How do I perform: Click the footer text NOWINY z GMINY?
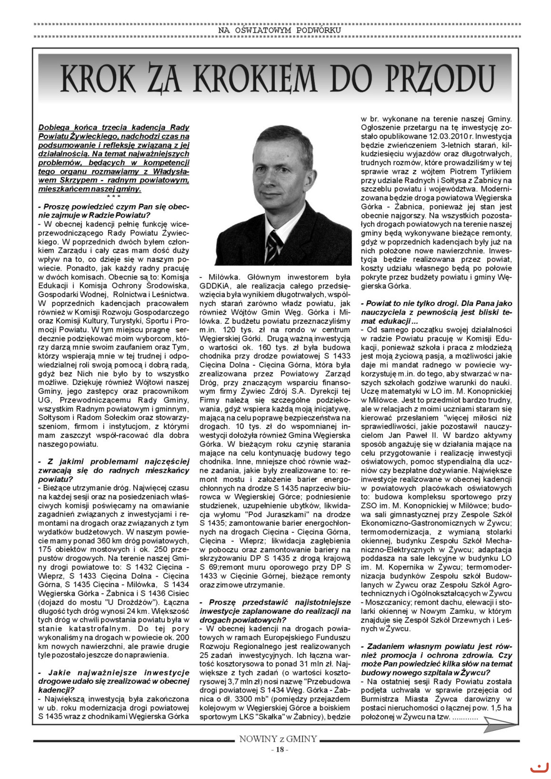pyautogui.click(x=278, y=739)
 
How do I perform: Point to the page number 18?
pyautogui.click(x=279, y=750)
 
